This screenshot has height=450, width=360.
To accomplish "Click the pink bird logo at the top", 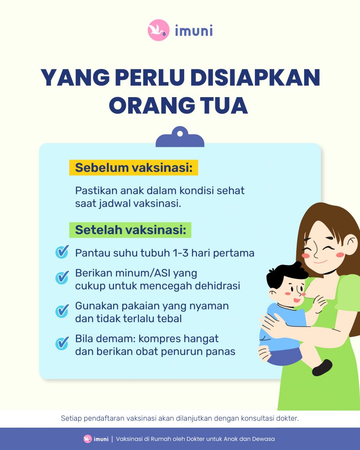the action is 159,30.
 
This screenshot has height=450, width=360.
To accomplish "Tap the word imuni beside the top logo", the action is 194,30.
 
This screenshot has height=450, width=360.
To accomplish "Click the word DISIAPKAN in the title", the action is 255,77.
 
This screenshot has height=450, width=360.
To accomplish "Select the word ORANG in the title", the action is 152,105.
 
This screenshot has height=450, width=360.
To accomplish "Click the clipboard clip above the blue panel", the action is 180,137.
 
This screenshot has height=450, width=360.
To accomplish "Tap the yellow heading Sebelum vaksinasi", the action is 134,167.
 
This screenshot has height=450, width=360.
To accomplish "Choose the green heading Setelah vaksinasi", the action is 131,230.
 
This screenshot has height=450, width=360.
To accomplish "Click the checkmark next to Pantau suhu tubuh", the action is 62,252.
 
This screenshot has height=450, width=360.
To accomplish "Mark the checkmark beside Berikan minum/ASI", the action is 62,278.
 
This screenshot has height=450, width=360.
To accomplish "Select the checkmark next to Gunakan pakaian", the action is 62,311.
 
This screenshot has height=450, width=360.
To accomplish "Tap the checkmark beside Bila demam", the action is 62,343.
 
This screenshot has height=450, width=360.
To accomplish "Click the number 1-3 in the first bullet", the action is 181,253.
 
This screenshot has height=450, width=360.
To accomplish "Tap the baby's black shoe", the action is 322,368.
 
